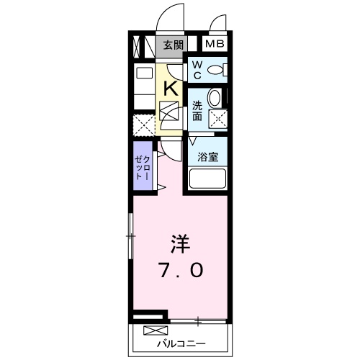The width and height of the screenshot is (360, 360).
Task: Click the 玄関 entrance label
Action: [x=173, y=44]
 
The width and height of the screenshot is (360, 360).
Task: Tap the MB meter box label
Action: [x=216, y=44]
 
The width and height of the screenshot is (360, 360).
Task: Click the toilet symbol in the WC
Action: [x=217, y=70]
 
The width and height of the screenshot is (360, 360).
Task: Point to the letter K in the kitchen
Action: [x=171, y=89]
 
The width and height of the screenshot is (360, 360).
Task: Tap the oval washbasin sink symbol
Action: [x=215, y=99]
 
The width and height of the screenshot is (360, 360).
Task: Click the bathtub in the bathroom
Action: [x=207, y=179]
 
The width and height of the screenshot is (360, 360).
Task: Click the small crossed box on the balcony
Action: [x=154, y=330]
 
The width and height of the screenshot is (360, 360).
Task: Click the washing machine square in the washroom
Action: [x=217, y=120]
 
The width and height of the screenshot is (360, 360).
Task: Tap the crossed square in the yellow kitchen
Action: [x=171, y=113]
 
